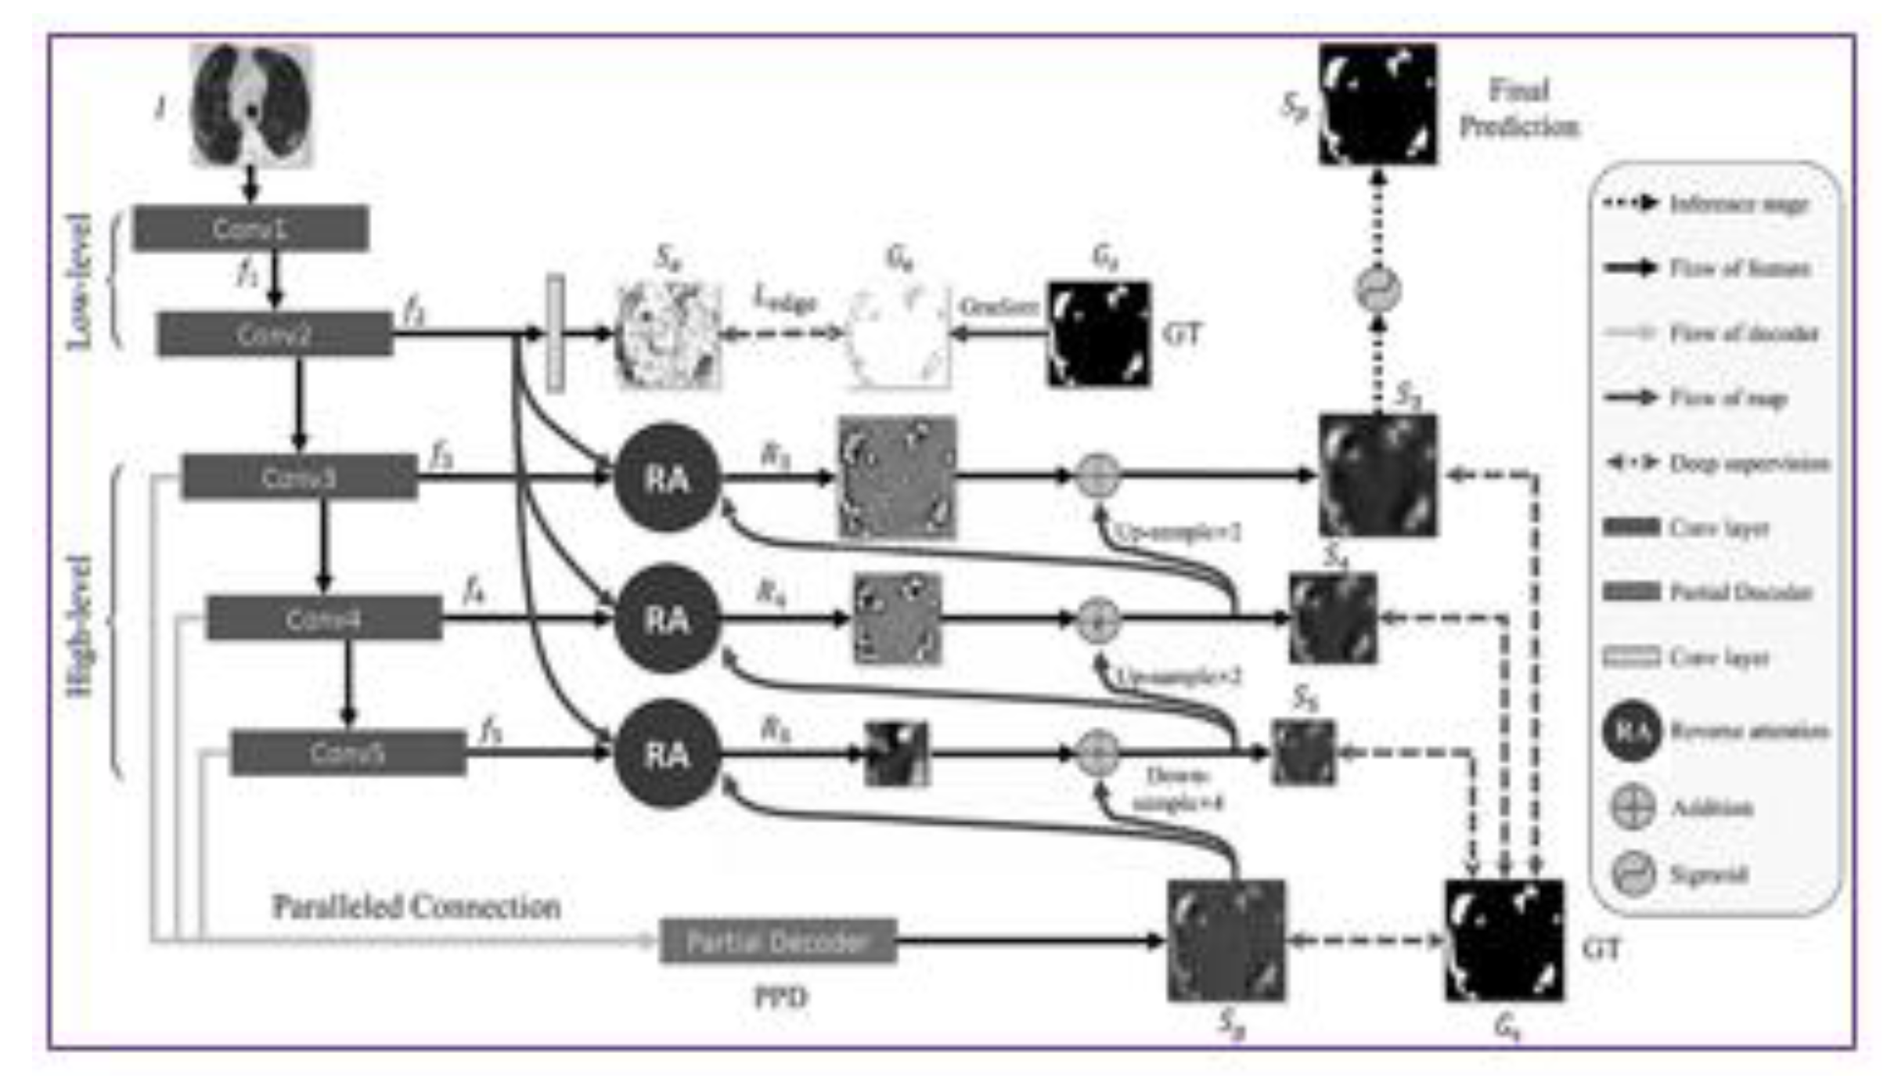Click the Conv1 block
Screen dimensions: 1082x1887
point(250,229)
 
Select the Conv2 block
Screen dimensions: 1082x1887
point(274,334)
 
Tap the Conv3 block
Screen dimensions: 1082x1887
point(299,477)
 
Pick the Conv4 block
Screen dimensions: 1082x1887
point(323,619)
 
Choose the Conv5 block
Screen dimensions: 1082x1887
point(348,752)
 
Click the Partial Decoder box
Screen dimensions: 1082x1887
point(777,940)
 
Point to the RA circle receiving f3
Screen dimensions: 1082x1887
point(666,478)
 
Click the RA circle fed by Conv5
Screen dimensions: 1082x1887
point(666,754)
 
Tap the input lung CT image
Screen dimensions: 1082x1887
point(250,105)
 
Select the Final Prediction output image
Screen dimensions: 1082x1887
point(1377,104)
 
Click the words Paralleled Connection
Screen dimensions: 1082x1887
point(416,907)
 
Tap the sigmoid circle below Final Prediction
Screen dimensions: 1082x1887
point(1377,289)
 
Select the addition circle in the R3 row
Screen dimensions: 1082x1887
point(1097,475)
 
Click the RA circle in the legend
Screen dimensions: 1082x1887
point(1631,731)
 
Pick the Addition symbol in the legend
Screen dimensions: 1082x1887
point(1633,806)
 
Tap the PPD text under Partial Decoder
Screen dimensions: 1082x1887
point(780,997)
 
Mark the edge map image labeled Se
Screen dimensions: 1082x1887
point(668,334)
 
